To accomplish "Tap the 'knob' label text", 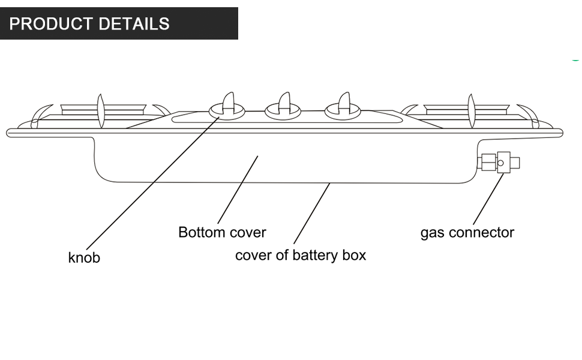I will (x=84, y=258).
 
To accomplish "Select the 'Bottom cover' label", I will (x=222, y=232).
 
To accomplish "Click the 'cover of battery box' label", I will (x=300, y=255).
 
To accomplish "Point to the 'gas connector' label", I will (x=467, y=233).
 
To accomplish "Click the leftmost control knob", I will (x=227, y=107).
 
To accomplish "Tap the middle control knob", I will (x=284, y=107).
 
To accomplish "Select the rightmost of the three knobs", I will (x=344, y=107).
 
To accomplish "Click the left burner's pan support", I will (x=101, y=110).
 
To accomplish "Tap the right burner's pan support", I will (x=472, y=110).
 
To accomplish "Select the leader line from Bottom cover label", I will (x=237, y=191).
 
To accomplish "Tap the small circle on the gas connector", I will (x=500, y=162).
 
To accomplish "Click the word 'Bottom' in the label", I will (x=201, y=232).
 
